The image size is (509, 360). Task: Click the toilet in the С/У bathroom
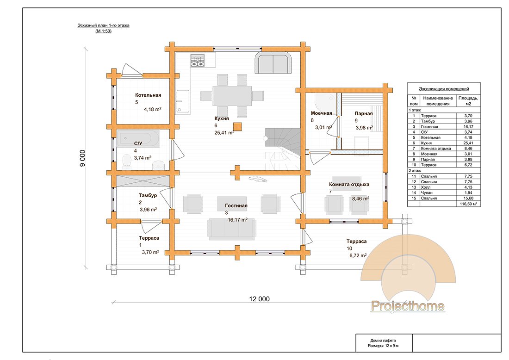coord(125,161)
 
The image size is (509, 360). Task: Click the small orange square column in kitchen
coord(237,126)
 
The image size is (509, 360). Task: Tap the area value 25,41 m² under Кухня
coord(223,132)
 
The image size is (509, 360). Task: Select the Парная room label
coord(364,113)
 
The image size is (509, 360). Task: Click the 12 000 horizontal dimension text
coord(259,299)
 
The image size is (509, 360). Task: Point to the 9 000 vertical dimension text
coord(82,158)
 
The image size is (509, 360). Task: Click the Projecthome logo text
coord(408,306)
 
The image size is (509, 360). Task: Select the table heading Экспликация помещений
coord(444,88)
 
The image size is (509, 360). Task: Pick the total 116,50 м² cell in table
coord(467,203)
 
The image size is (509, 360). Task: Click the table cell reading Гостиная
coord(429,126)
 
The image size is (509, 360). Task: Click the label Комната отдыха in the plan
coord(349,184)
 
